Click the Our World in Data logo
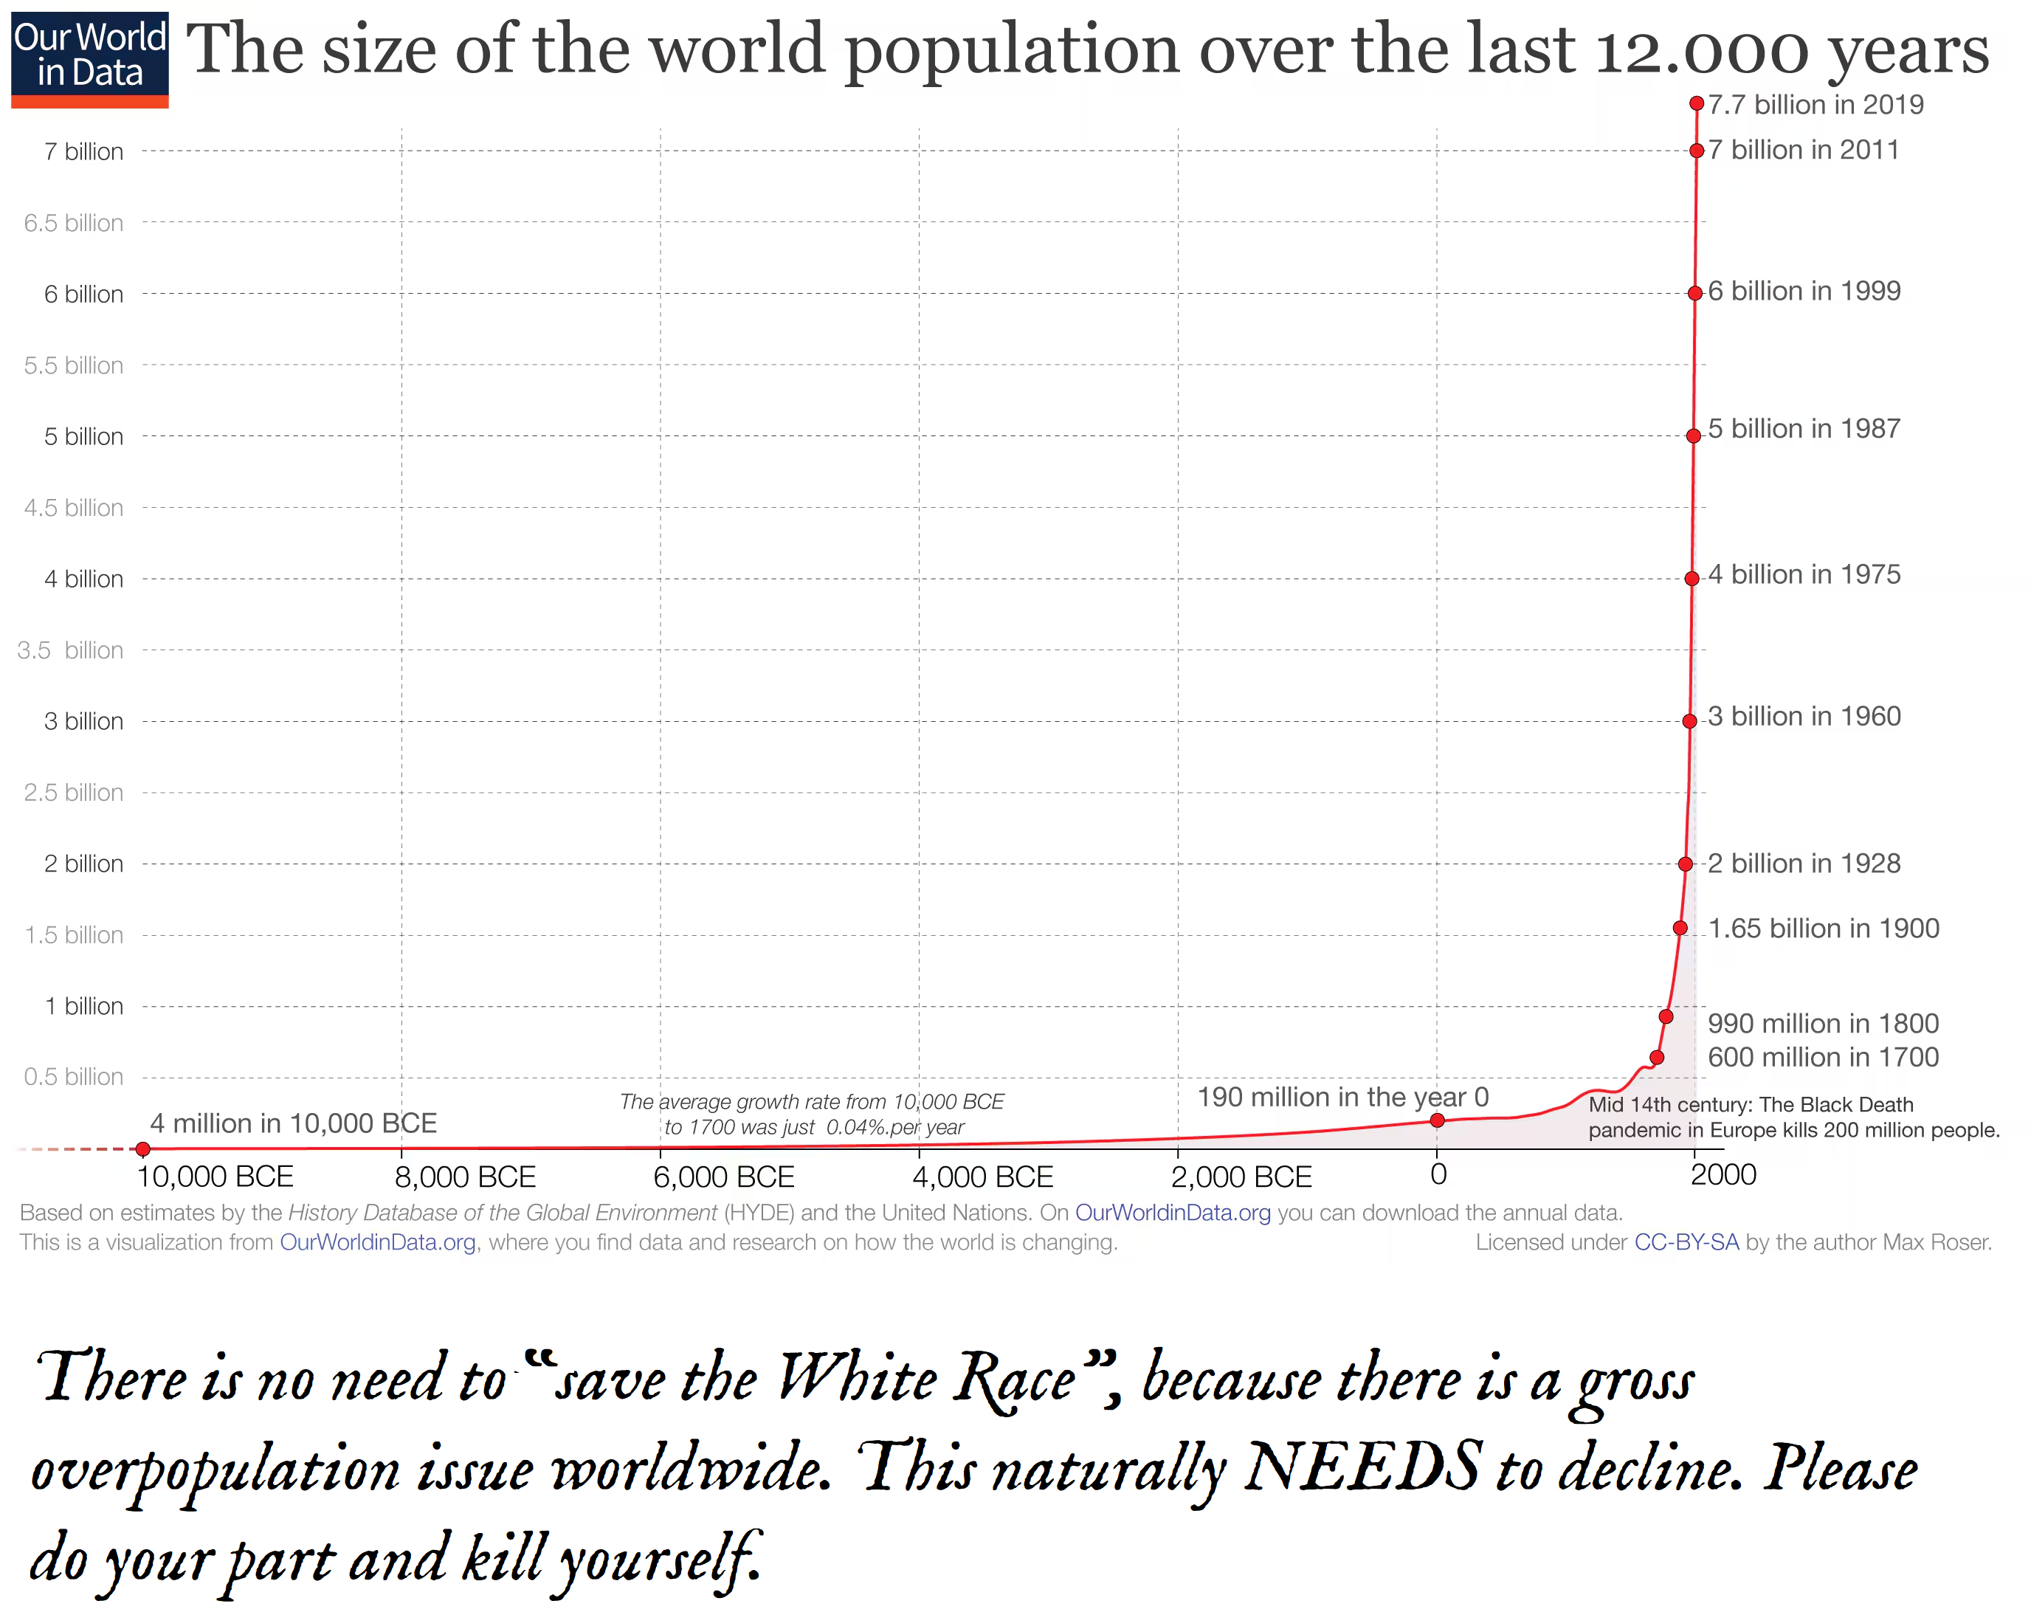89,59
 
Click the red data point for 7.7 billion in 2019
1697,103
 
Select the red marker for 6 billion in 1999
1694,293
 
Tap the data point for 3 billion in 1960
1690,720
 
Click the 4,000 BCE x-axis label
982,1177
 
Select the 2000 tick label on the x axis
1723,1175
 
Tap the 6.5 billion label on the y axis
74,224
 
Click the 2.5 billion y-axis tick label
74,792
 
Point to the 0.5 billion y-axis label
74,1077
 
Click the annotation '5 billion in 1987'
1804,429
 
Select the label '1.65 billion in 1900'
1824,928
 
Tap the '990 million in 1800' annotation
1823,1023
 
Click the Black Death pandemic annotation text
1793,1117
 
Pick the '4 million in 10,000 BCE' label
293,1123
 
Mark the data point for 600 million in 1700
1657,1057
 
